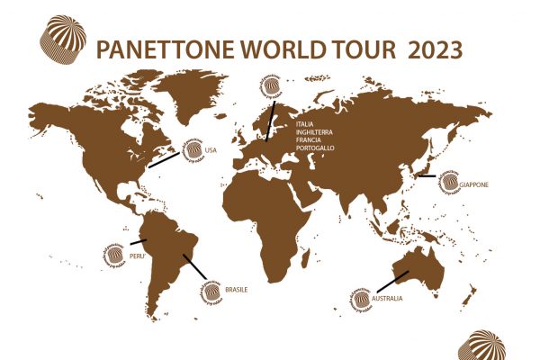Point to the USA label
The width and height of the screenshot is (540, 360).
pyautogui.click(x=211, y=149)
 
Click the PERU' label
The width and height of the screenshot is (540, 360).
pyautogui.click(x=138, y=255)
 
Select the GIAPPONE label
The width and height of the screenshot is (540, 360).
pyautogui.click(x=473, y=184)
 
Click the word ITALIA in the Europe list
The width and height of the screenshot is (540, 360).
pyautogui.click(x=306, y=122)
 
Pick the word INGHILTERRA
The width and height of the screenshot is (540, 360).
pyautogui.click(x=316, y=130)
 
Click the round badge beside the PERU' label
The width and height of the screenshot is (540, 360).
pyautogui.click(x=115, y=255)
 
